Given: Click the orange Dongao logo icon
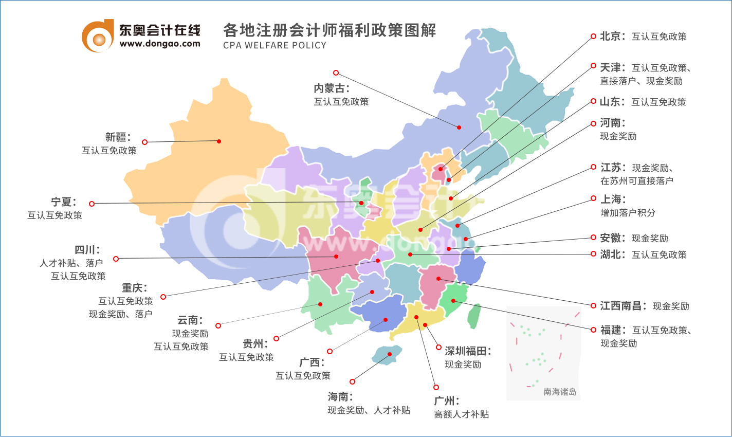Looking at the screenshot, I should coord(98,36).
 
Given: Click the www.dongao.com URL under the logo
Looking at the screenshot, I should coord(159,44).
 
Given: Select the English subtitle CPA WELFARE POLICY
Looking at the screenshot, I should coord(274,45).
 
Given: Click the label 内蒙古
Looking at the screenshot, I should coord(332,88).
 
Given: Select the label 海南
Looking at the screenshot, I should coord(340,397).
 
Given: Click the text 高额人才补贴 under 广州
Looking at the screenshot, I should coord(461,414).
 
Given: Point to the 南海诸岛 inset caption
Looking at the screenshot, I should coord(560,392).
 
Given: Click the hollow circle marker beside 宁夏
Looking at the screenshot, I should coord(92,204).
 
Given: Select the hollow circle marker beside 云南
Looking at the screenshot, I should coord(218,325).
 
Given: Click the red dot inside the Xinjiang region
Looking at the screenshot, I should coord(219,141).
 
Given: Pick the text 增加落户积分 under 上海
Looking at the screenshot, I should coord(628,213).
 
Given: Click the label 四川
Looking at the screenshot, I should coord(87,250).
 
